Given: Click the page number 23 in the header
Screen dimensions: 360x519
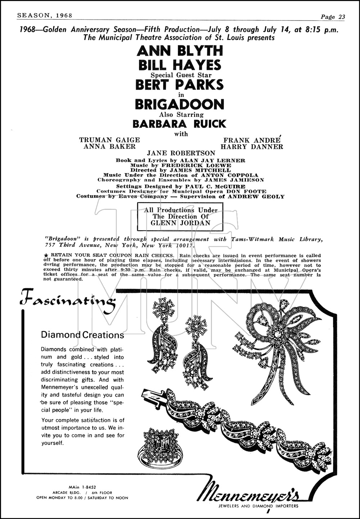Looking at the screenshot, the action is (342, 17).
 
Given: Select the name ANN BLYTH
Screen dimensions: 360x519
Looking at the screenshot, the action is (180, 51).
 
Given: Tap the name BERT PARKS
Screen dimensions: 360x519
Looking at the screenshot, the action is (179, 85).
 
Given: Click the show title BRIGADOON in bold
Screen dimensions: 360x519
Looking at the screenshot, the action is (179, 104).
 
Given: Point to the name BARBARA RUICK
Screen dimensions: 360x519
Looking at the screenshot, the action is (179, 124).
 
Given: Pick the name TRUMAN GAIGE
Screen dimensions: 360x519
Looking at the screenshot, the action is (109, 140).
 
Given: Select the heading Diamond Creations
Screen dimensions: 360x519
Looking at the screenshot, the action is (82, 335).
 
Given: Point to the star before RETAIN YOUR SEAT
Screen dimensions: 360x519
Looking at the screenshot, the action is (44, 255).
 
